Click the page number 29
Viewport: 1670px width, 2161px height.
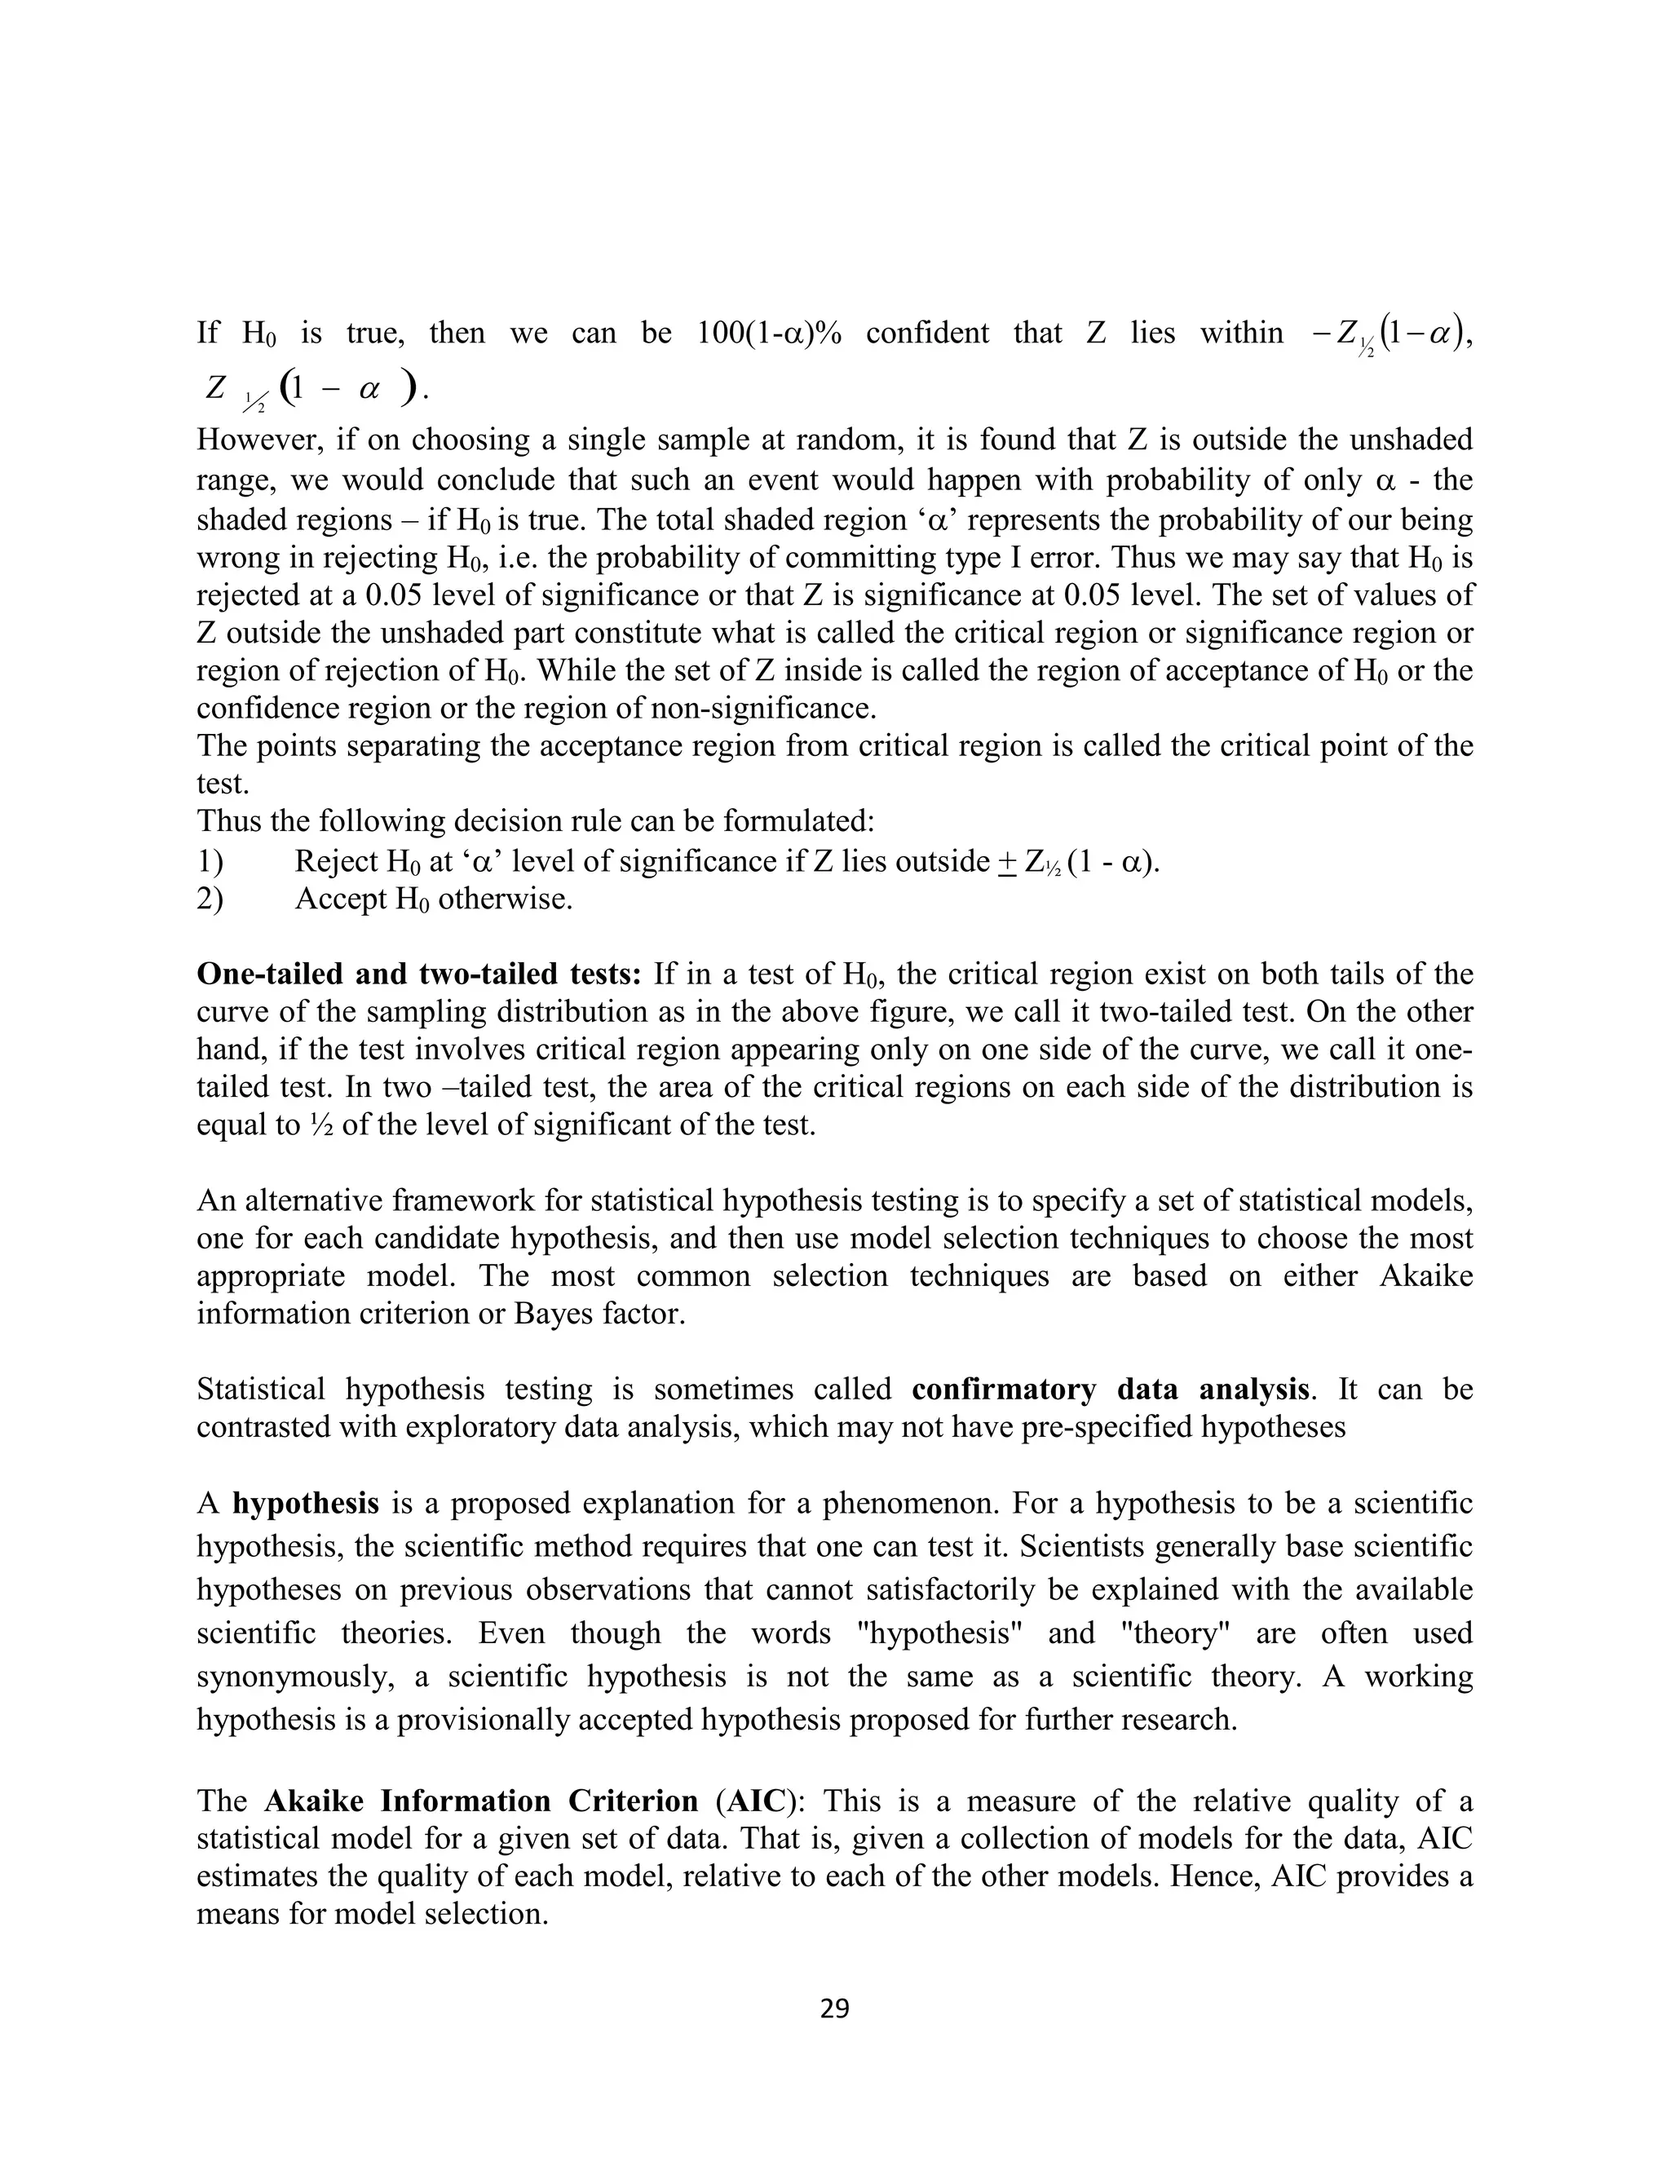[834, 2008]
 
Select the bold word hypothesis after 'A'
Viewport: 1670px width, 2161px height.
[306, 1502]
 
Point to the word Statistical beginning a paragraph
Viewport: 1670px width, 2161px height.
[260, 1390]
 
